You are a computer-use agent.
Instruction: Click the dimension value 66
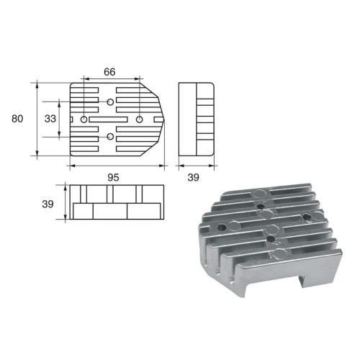coord(111,72)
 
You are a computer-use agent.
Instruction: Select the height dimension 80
coord(17,119)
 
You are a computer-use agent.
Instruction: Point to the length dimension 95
coord(113,176)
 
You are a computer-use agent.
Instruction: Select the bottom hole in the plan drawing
coord(110,135)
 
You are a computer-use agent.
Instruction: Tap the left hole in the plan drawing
coord(84,119)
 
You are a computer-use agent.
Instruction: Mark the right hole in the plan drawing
coord(139,119)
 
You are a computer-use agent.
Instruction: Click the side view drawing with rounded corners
coord(197,119)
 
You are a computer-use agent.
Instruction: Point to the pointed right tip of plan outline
coord(166,119)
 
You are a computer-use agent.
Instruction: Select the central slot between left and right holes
coord(112,119)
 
